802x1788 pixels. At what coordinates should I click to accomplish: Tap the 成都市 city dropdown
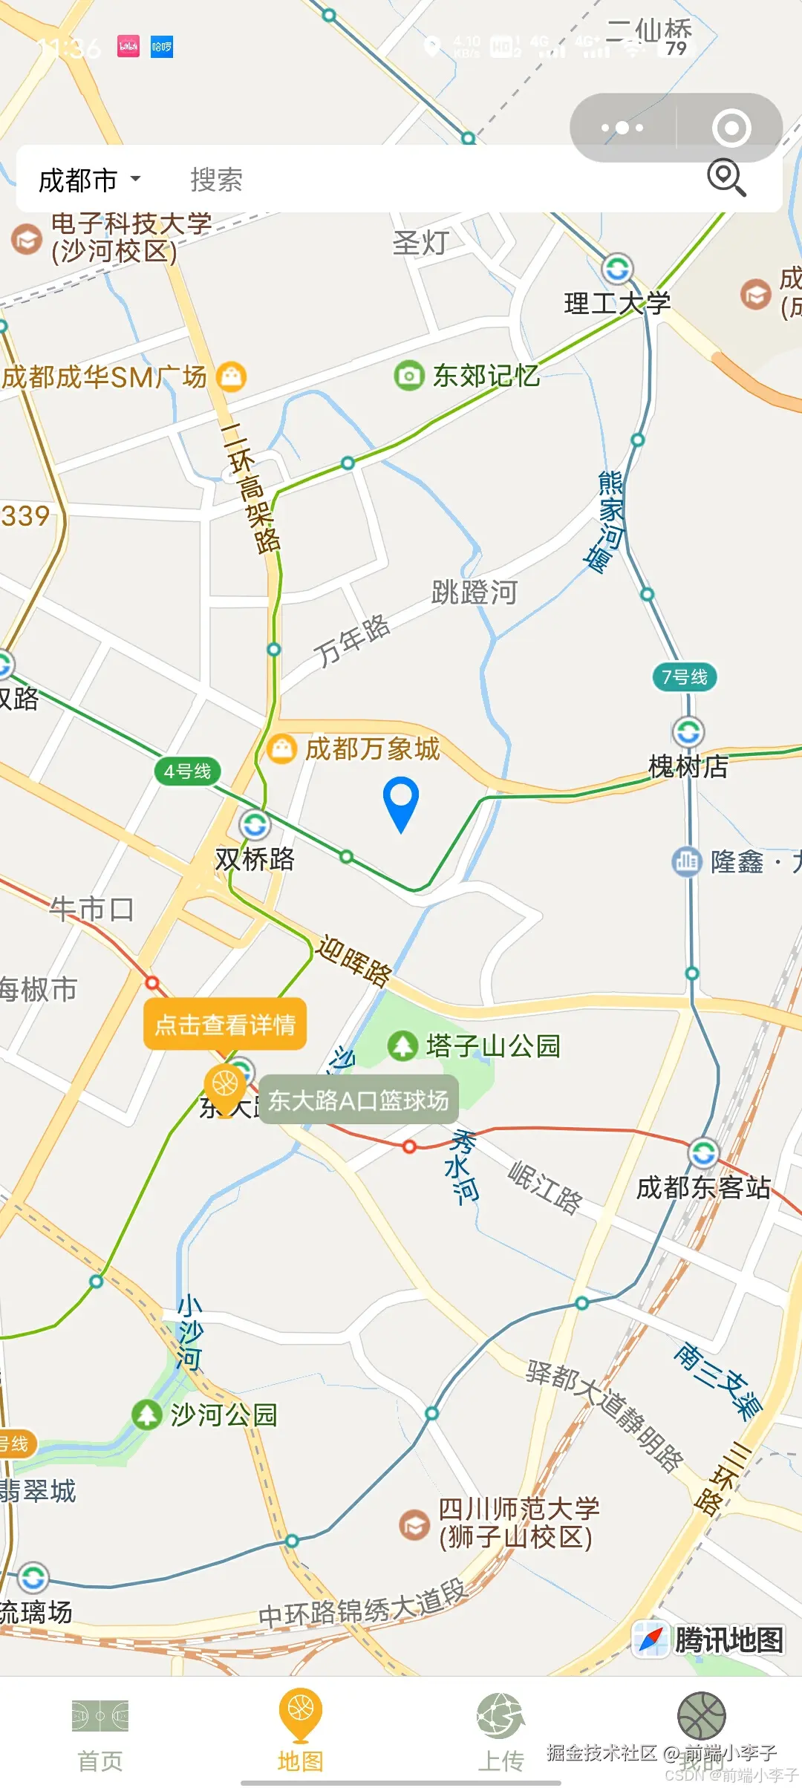[x=89, y=180]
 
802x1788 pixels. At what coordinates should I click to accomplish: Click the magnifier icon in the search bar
[x=726, y=177]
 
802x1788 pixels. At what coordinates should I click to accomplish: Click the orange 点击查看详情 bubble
[x=225, y=1025]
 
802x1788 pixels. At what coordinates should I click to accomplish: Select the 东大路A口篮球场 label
[x=358, y=1100]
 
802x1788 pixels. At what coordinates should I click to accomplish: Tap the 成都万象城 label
[x=372, y=748]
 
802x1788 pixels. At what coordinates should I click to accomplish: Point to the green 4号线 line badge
[x=187, y=771]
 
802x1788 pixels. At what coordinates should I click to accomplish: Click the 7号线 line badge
[x=685, y=677]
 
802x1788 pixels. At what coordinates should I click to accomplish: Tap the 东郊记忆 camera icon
[x=408, y=376]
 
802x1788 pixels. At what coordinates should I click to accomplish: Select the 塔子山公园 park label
[x=493, y=1046]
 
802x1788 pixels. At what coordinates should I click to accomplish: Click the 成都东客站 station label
[x=703, y=1187]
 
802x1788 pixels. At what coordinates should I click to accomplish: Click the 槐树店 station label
[x=688, y=767]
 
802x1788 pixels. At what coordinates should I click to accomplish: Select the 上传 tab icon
[x=501, y=1717]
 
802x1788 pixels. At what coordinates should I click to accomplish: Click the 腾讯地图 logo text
[x=728, y=1640]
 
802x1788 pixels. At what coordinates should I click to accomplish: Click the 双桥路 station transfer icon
[x=255, y=825]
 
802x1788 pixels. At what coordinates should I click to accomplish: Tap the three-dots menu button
[x=622, y=128]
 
